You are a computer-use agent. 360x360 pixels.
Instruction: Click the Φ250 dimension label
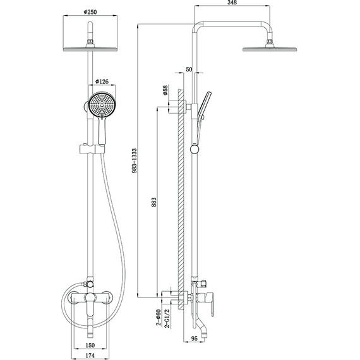90,12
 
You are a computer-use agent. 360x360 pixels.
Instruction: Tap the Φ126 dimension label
102,81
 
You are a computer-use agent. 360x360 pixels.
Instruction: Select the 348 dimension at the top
232,3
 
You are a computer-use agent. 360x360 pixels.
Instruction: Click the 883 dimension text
153,202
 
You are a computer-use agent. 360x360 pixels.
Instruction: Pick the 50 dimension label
189,69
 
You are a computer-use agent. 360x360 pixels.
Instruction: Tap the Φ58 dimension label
165,90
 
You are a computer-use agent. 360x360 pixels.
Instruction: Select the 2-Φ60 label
158,318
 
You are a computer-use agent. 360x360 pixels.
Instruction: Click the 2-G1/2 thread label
167,318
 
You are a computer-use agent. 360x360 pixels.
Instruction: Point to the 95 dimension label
195,339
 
